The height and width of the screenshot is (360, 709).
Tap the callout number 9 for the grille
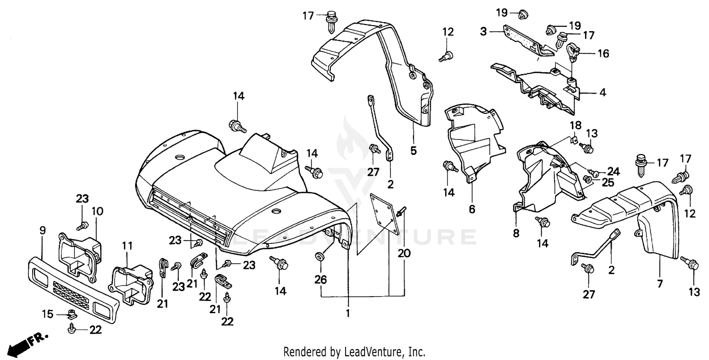pyautogui.click(x=42, y=231)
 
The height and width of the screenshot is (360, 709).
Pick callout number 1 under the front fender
pyautogui.click(x=348, y=313)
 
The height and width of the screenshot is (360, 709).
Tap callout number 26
pyautogui.click(x=320, y=280)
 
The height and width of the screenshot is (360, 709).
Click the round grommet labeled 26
pyautogui.click(x=320, y=257)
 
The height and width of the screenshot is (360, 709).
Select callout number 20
pyautogui.click(x=404, y=254)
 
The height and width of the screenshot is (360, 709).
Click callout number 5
pyautogui.click(x=413, y=151)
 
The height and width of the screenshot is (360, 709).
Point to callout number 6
pyautogui.click(x=472, y=208)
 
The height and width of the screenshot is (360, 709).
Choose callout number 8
pyautogui.click(x=516, y=233)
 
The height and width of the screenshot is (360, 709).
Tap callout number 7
pyautogui.click(x=659, y=284)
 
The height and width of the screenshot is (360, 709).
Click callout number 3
pyautogui.click(x=483, y=32)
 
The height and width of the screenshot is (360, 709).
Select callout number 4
pyautogui.click(x=602, y=93)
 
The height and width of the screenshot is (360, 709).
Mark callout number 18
pyautogui.click(x=575, y=126)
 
